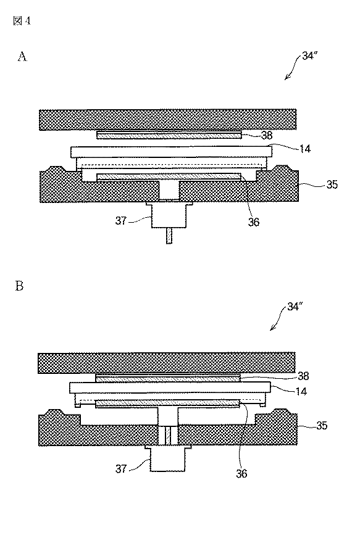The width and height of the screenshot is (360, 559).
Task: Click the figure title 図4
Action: [x=21, y=21]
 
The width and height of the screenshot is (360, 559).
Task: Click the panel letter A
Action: [x=22, y=57]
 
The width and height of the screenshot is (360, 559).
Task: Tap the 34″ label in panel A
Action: [x=309, y=56]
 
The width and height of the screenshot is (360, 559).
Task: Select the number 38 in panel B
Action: [x=303, y=375]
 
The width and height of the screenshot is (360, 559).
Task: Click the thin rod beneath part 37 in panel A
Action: [x=169, y=236]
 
